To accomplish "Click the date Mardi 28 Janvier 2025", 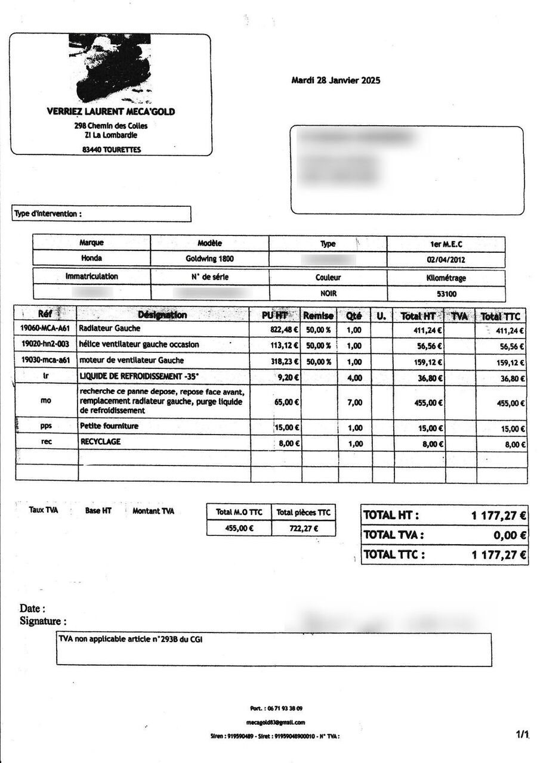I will [x=335, y=80].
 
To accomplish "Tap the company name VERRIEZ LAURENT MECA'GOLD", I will [x=111, y=111].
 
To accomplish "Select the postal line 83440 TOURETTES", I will [x=112, y=150].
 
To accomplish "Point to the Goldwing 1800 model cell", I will [x=209, y=259].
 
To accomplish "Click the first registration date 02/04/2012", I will [x=446, y=259].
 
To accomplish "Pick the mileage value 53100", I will [x=446, y=294].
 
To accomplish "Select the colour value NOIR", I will [x=329, y=294].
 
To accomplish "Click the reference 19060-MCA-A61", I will [x=45, y=329].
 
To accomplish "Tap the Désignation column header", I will [x=162, y=315].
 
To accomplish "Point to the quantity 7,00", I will [x=354, y=403].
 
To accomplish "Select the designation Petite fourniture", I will [x=109, y=426].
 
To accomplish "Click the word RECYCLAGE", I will [x=100, y=442].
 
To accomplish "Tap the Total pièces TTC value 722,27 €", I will [x=303, y=528].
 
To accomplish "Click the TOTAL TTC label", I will [x=394, y=555].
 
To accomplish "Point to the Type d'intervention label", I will [x=47, y=213].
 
